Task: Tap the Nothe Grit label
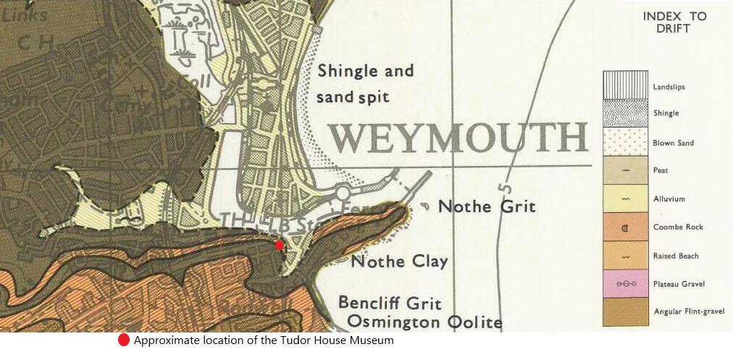487,206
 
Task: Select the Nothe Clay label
399,261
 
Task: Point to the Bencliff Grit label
390,302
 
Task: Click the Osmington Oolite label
424,320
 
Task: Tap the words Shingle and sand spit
365,83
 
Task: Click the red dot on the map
280,246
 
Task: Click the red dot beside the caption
124,340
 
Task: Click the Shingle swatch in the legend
625,113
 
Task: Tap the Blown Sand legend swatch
625,142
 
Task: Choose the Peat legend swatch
625,170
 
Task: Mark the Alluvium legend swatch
625,198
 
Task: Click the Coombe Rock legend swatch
625,227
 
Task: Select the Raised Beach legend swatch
625,255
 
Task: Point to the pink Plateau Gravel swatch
625,283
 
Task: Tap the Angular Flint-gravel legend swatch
625,311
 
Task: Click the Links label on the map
25,14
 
